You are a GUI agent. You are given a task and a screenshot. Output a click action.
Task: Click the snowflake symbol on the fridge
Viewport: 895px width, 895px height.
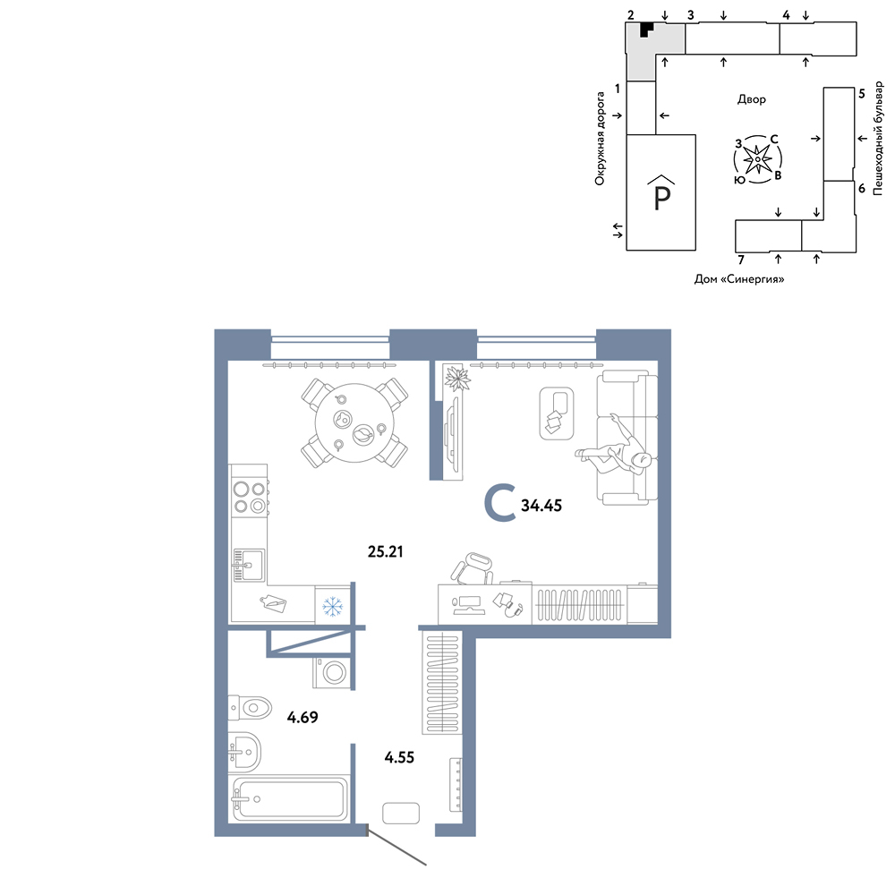pos(332,606)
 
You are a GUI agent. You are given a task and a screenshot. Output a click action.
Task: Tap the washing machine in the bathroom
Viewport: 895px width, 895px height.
pos(332,672)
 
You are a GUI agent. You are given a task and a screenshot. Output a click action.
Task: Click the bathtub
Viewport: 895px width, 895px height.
pos(288,798)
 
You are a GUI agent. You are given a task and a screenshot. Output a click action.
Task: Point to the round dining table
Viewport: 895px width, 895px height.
pos(354,423)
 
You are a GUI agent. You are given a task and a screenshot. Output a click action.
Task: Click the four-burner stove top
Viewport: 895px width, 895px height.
pos(250,497)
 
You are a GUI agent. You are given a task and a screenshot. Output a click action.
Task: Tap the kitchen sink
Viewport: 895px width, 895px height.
pos(248,565)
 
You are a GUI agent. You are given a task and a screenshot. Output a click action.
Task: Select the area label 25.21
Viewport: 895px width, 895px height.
pos(385,551)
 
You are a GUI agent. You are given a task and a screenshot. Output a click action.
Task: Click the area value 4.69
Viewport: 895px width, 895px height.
pos(303,717)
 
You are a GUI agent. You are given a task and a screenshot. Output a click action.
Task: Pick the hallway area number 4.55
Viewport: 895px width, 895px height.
pos(399,757)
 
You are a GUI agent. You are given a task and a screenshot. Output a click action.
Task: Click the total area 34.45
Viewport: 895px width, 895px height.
pos(541,505)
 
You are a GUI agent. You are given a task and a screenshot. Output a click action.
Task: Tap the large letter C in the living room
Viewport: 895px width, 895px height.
pos(500,503)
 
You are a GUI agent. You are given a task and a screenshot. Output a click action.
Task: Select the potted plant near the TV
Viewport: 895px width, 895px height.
pos(456,379)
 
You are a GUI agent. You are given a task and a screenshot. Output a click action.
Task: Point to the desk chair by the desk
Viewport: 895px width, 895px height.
pos(473,568)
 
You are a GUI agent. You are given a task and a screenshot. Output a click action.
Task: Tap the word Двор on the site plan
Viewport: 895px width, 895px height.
pos(751,99)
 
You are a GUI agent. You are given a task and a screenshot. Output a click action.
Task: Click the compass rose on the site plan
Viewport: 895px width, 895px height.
pos(757,159)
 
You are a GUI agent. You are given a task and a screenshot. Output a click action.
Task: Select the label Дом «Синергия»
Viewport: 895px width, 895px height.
pos(739,279)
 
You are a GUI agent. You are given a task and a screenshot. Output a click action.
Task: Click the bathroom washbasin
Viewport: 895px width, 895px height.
pos(245,751)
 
